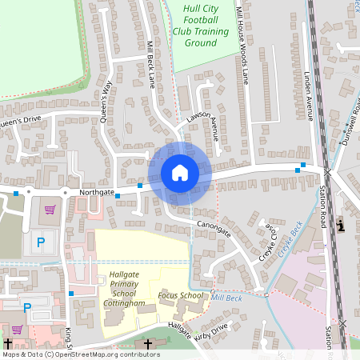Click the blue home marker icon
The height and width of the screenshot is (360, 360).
pos(179,173)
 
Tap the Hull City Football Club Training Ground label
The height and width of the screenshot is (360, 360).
pos(200,26)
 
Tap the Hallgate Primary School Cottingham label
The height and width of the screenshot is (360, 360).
pos(124,289)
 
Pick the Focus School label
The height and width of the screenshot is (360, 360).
pos(180,296)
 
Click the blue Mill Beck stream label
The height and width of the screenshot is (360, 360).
pos(226,298)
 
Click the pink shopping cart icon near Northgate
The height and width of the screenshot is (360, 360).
pos(50,210)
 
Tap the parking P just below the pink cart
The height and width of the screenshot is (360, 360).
pos(41,240)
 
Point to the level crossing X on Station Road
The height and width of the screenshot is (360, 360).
pos(327,171)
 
